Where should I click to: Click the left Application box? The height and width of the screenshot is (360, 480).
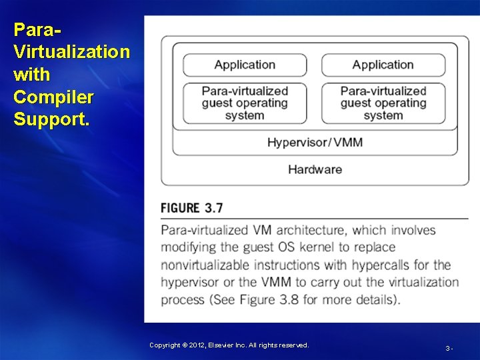(245, 65)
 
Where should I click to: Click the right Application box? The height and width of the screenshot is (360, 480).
(383, 65)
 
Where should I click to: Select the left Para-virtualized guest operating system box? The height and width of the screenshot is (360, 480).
(245, 103)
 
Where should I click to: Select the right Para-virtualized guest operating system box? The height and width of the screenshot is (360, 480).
(383, 103)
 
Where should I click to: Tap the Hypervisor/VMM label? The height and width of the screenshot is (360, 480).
(315, 142)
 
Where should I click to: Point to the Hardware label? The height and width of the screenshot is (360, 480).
(315, 169)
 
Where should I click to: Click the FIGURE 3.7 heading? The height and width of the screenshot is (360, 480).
(191, 207)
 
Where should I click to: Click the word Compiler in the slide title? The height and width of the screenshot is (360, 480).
(53, 97)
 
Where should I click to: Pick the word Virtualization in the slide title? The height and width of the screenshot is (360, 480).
(71, 52)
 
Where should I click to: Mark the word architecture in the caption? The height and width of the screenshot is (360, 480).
(311, 230)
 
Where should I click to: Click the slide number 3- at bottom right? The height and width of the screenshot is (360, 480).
(449, 348)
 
